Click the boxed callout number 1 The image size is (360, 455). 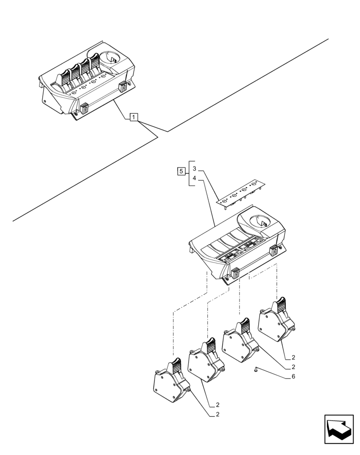pyautogui.click(x=133, y=118)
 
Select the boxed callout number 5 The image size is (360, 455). pyautogui.click(x=181, y=172)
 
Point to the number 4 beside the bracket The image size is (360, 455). pyautogui.click(x=194, y=178)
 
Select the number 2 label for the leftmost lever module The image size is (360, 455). pyautogui.click(x=218, y=415)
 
